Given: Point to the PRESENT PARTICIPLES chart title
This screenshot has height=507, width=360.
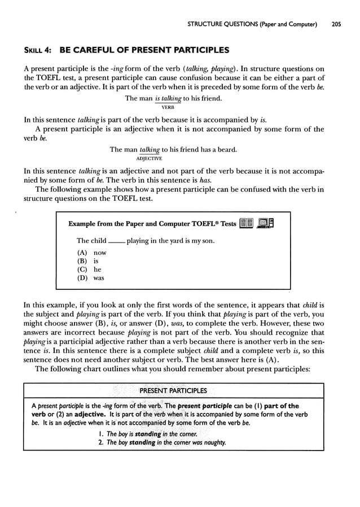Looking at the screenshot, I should point(173,390).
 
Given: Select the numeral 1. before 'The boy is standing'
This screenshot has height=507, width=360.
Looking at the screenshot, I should point(101,434).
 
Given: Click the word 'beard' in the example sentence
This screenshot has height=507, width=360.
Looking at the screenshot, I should point(226,149).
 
